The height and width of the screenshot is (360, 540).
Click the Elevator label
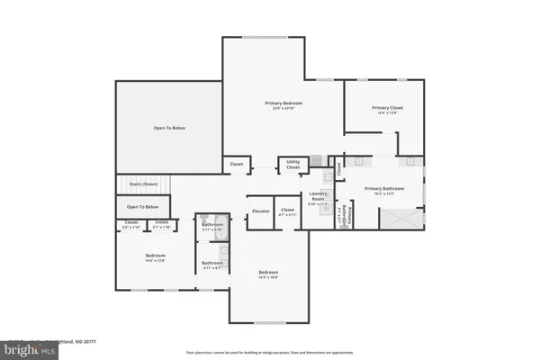pyautogui.click(x=260, y=211)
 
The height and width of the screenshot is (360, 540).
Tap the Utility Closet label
pyautogui.click(x=292, y=166)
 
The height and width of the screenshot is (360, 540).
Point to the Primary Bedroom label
pyautogui.click(x=282, y=105)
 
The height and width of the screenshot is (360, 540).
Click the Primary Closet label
pyautogui.click(x=388, y=109)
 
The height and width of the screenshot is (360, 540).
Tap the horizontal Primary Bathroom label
pyautogui.click(x=384, y=190)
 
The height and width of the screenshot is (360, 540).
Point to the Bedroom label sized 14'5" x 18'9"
pyautogui.click(x=268, y=273)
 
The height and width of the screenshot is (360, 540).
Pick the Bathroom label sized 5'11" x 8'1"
pyautogui.click(x=213, y=265)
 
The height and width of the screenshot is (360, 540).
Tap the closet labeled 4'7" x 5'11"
pyautogui.click(x=288, y=211)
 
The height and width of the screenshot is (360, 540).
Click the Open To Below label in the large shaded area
pyautogui.click(x=168, y=128)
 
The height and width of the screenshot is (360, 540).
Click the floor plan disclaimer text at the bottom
pyautogui.click(x=270, y=352)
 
